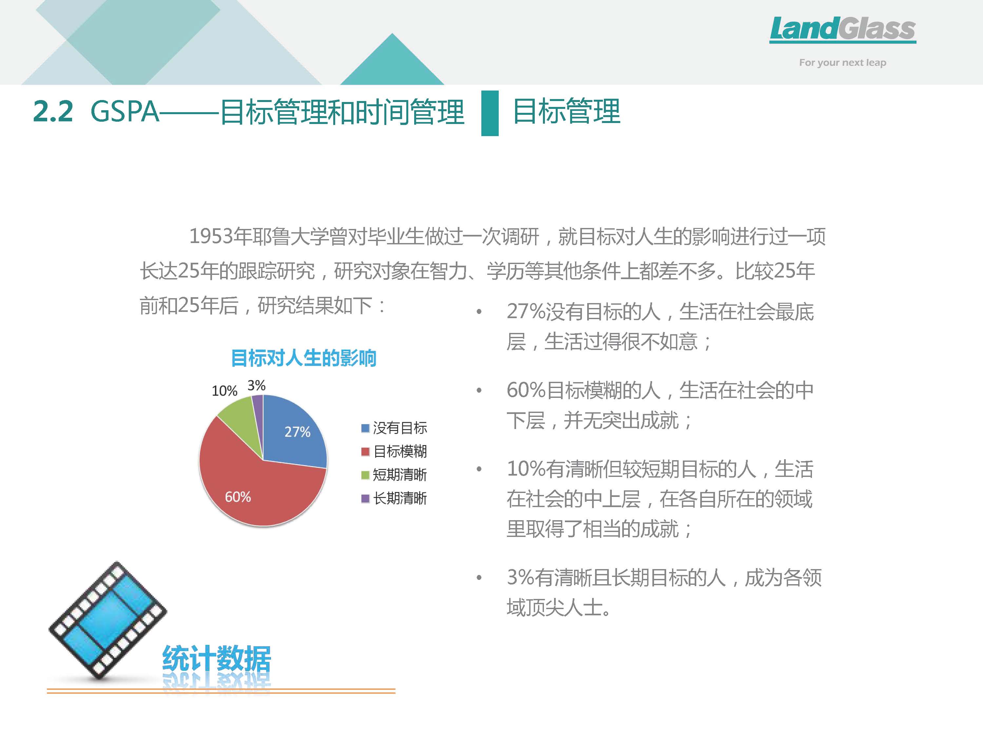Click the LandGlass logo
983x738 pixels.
pyautogui.click(x=842, y=30)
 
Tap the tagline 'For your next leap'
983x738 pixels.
pyautogui.click(x=842, y=63)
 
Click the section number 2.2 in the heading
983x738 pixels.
pyautogui.click(x=53, y=111)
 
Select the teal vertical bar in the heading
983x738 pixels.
pyautogui.click(x=490, y=113)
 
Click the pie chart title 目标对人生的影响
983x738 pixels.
pyautogui.click(x=303, y=358)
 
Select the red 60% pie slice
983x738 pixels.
pyautogui.click(x=253, y=485)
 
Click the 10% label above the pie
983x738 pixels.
pyautogui.click(x=224, y=391)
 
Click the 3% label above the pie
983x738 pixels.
pyautogui.click(x=257, y=385)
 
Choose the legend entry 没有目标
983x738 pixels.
pyautogui.click(x=394, y=428)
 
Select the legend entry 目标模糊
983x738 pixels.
pyautogui.click(x=394, y=452)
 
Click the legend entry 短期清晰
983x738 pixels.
pyautogui.click(x=394, y=475)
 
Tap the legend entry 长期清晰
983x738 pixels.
pyautogui.click(x=394, y=498)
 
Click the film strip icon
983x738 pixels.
pyautogui.click(x=107, y=621)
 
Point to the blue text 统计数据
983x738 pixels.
pyautogui.click(x=216, y=658)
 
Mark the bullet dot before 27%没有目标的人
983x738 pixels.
pyautogui.click(x=479, y=312)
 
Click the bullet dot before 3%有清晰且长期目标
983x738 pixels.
pyautogui.click(x=479, y=578)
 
